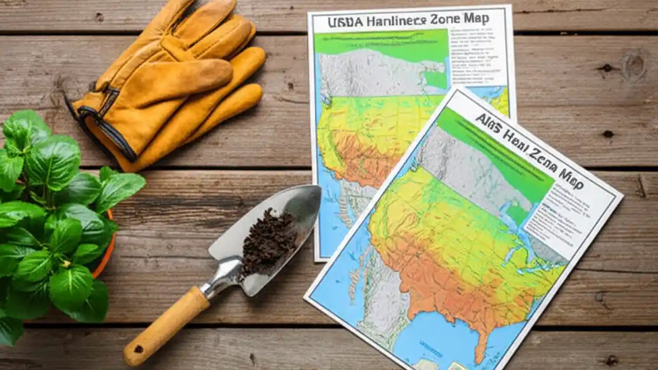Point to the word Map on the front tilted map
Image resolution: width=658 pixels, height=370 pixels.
coord(571,175)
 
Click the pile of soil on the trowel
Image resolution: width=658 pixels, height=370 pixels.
coord(267,242)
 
